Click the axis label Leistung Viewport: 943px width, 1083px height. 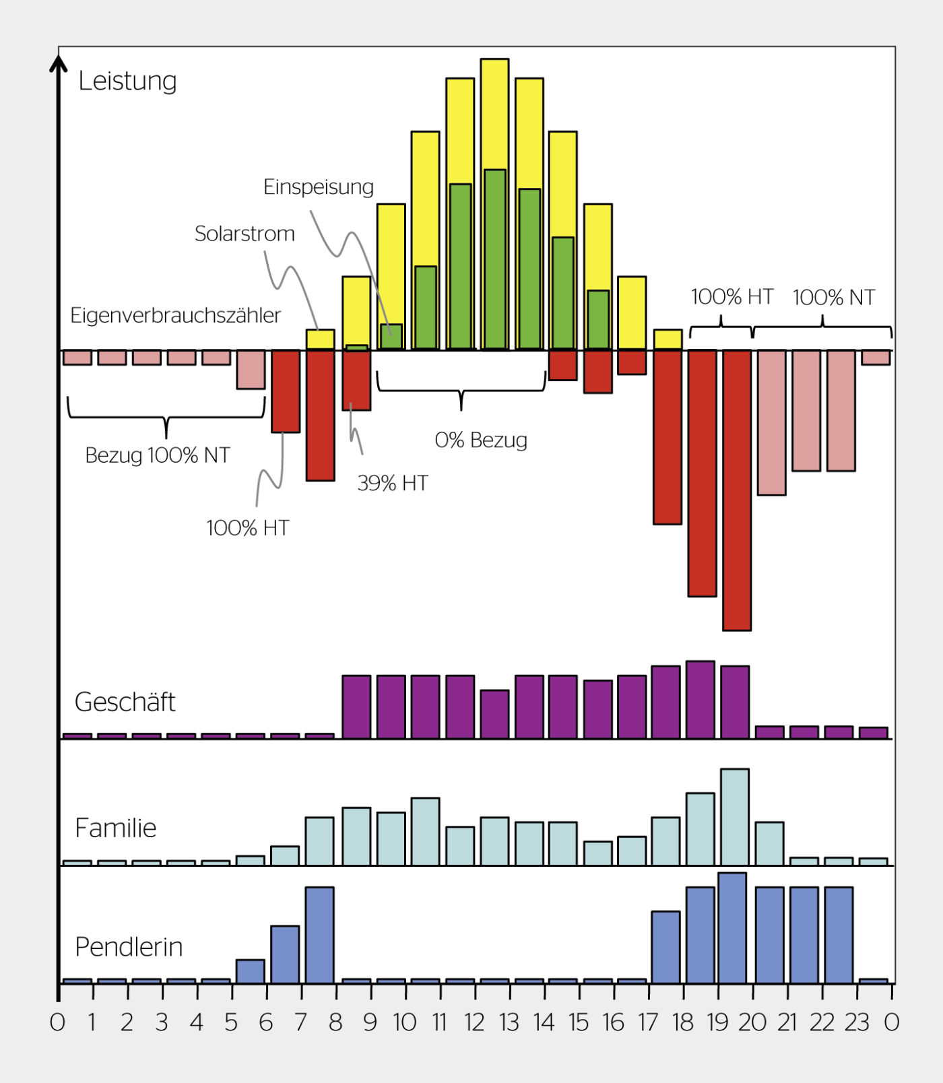[127, 81]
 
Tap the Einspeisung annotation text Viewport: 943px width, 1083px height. [318, 187]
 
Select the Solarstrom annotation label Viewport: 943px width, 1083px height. [245, 234]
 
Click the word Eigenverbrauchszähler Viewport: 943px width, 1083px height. [175, 315]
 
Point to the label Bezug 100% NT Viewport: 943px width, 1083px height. [158, 455]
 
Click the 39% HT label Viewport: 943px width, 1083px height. [393, 483]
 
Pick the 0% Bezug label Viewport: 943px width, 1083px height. [481, 440]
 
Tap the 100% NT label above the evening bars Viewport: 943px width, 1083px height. [833, 297]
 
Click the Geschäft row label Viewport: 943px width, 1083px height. [125, 702]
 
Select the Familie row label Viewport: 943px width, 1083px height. [115, 828]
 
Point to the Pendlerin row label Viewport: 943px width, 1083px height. [129, 947]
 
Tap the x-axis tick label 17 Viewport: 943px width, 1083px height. [648, 1022]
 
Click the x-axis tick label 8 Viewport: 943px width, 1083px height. [335, 1022]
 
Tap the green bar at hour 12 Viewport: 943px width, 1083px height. [495, 259]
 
